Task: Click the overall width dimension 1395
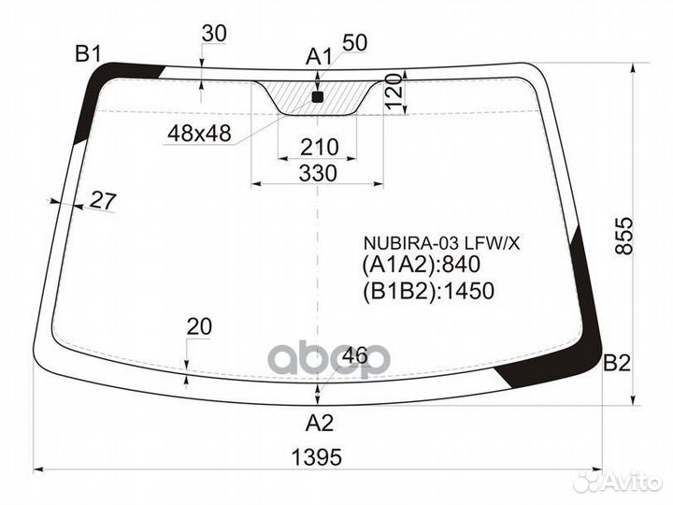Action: [x=317, y=457]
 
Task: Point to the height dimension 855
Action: [x=624, y=236]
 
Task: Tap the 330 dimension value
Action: [x=318, y=174]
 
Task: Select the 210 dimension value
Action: [x=320, y=147]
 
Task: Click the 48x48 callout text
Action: [x=200, y=134]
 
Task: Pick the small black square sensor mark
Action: [x=317, y=97]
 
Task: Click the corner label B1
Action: [x=89, y=54]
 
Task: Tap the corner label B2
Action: [x=617, y=363]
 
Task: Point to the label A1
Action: [x=319, y=57]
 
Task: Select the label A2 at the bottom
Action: [x=320, y=424]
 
